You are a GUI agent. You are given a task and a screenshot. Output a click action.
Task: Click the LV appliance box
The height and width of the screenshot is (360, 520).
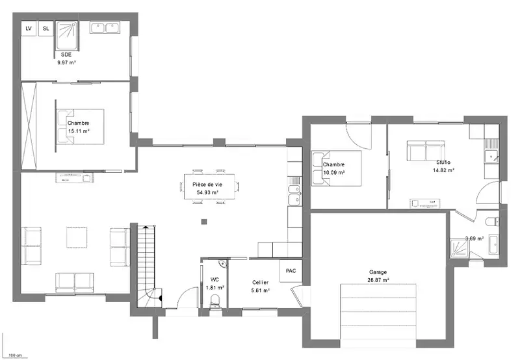tap(29, 29)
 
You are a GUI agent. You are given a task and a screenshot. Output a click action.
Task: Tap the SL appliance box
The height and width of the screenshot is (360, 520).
tap(45, 29)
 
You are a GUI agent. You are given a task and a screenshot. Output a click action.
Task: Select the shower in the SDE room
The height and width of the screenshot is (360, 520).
tap(67, 36)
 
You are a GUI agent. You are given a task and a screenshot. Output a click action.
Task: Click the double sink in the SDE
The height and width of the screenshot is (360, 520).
tap(105, 28)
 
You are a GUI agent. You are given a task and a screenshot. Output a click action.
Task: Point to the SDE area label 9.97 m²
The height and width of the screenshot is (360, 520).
tap(67, 62)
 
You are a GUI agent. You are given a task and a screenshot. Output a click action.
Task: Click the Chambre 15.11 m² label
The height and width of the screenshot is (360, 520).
tap(79, 127)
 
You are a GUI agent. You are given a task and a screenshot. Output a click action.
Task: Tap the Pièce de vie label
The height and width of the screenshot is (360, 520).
tap(207, 185)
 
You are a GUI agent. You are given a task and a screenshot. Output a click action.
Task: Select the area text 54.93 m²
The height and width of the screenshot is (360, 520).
tap(207, 192)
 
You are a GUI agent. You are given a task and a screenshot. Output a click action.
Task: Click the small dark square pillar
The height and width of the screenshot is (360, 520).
tap(204, 222)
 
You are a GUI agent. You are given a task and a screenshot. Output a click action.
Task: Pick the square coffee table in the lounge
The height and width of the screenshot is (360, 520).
tap(77, 237)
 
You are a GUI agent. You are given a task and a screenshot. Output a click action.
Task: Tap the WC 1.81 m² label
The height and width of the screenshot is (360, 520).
tap(214, 284)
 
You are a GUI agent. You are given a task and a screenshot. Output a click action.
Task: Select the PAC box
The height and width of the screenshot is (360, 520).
tap(291, 271)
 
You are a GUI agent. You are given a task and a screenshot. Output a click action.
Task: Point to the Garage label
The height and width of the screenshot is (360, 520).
tap(378, 272)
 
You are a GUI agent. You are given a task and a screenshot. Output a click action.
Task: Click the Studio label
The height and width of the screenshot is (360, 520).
tap(443, 162)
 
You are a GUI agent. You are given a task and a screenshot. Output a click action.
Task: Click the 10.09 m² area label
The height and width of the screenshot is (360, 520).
tap(334, 173)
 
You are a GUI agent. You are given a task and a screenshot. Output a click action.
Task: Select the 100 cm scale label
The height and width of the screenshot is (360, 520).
tap(14, 355)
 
